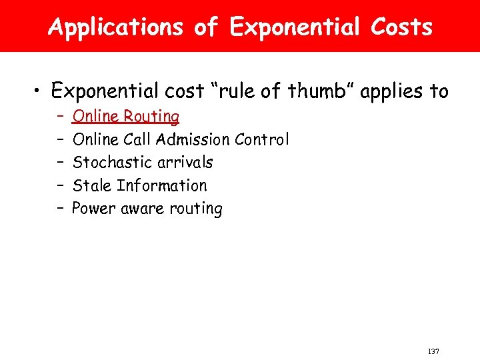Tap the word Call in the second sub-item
click(x=137, y=139)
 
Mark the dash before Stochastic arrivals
click(x=60, y=162)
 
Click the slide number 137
click(x=433, y=351)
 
